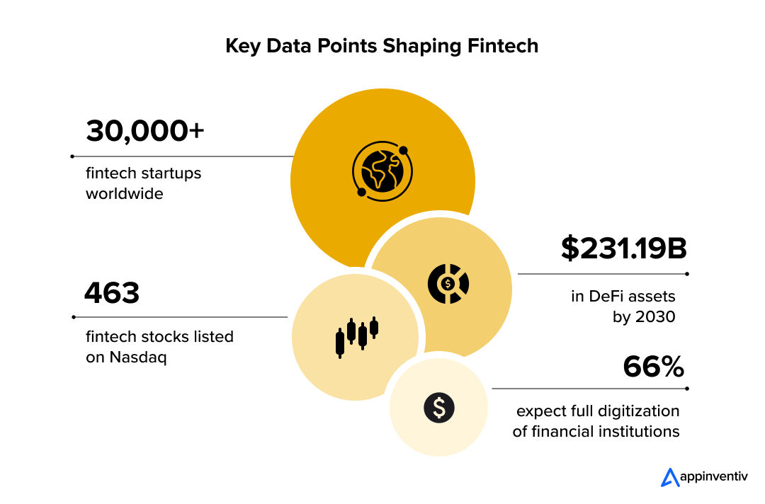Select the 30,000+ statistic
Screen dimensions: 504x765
click(145, 131)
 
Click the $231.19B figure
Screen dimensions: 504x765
click(624, 248)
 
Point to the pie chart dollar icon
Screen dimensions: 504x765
click(448, 283)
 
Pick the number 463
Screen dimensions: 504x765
click(112, 293)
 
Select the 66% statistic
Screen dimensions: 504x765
click(654, 367)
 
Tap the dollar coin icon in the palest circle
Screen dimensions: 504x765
click(439, 407)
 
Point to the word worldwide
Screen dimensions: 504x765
click(125, 193)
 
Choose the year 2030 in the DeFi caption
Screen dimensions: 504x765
click(655, 316)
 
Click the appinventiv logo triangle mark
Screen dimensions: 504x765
click(669, 477)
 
